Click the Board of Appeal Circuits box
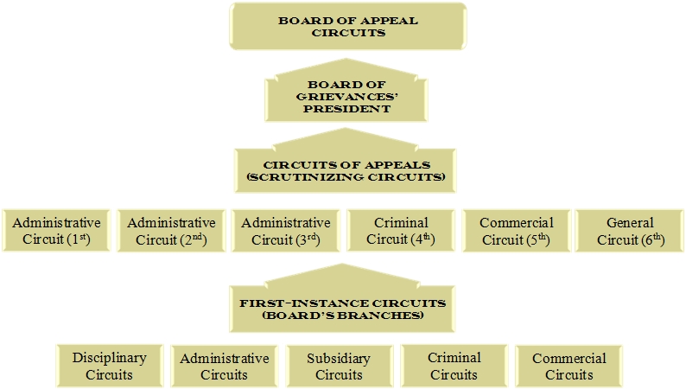point(347,26)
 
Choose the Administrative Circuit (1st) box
point(56,231)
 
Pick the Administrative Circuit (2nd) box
point(171,231)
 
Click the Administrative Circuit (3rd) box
point(285,231)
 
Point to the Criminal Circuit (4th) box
point(401,231)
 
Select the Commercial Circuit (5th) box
point(516,231)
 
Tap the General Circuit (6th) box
point(630,231)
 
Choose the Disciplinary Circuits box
point(109,366)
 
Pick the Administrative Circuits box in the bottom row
point(224,366)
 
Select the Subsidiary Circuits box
point(339,366)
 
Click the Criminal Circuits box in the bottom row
point(454,366)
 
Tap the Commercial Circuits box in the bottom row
point(568,366)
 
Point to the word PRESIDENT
point(346,109)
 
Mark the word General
point(630,222)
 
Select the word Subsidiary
point(339,358)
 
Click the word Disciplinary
point(109,357)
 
